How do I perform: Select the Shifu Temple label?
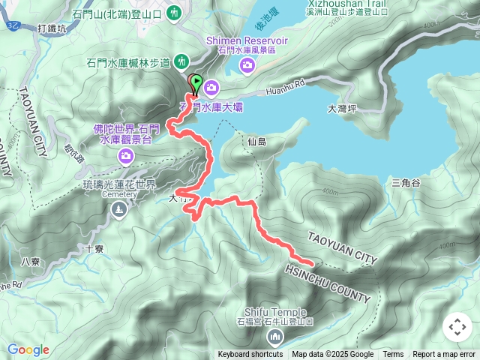tap(275, 312)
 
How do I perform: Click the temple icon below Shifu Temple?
tap(275, 335)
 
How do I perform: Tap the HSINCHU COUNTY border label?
tap(327, 283)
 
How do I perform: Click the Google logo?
tap(28, 349)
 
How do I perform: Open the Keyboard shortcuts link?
tap(250, 355)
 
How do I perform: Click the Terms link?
tap(393, 355)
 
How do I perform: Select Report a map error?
tap(444, 355)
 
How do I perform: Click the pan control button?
tap(457, 327)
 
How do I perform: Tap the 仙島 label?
tap(256, 141)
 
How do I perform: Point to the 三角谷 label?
tap(406, 182)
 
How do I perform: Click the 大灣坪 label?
tap(341, 109)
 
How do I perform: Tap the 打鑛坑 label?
tap(52, 28)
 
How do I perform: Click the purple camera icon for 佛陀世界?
tap(126, 156)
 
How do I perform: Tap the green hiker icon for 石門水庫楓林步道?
tap(181, 60)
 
